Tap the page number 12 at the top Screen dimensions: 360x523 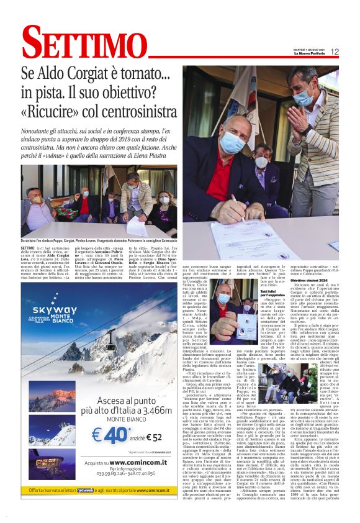[335, 52]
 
